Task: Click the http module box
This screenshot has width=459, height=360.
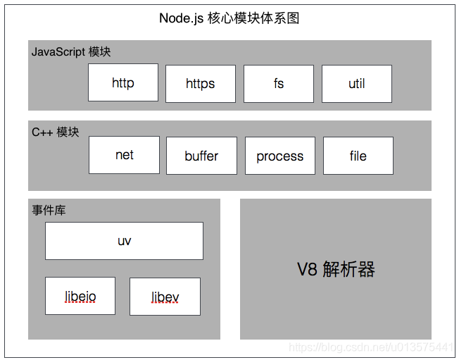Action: click(123, 83)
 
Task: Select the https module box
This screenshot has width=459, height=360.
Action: click(201, 84)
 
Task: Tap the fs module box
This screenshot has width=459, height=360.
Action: click(279, 84)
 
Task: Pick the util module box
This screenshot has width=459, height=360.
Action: click(357, 84)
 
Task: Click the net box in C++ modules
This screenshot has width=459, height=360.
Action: click(124, 155)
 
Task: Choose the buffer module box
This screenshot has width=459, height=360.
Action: click(201, 156)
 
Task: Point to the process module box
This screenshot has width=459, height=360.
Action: click(280, 156)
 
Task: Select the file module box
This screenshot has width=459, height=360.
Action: click(358, 156)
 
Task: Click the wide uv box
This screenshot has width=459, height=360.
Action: click(124, 241)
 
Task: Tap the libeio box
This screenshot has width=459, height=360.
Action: click(80, 296)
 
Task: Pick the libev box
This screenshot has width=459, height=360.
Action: click(165, 297)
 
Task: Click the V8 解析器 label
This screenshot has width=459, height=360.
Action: click(336, 269)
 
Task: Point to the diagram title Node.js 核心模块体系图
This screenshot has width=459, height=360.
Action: click(229, 18)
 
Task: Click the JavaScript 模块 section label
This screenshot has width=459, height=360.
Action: click(71, 52)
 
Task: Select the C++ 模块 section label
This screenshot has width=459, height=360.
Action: click(56, 132)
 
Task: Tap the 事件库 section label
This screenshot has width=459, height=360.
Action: click(49, 210)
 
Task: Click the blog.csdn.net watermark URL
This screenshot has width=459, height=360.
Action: click(371, 347)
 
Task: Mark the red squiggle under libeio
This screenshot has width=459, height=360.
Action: click(80, 303)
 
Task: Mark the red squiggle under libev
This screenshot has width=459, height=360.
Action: click(165, 304)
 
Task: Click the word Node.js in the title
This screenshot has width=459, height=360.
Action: click(182, 18)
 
